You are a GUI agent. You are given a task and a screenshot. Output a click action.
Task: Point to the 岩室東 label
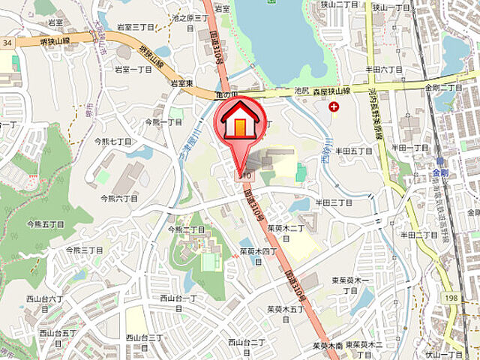click(182, 82)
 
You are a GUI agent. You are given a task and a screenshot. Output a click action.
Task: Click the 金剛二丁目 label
click(442, 87)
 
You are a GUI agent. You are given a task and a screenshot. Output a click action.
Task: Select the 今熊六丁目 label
click(120, 198)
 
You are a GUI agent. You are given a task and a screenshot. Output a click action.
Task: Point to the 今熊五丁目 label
click(45, 223)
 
